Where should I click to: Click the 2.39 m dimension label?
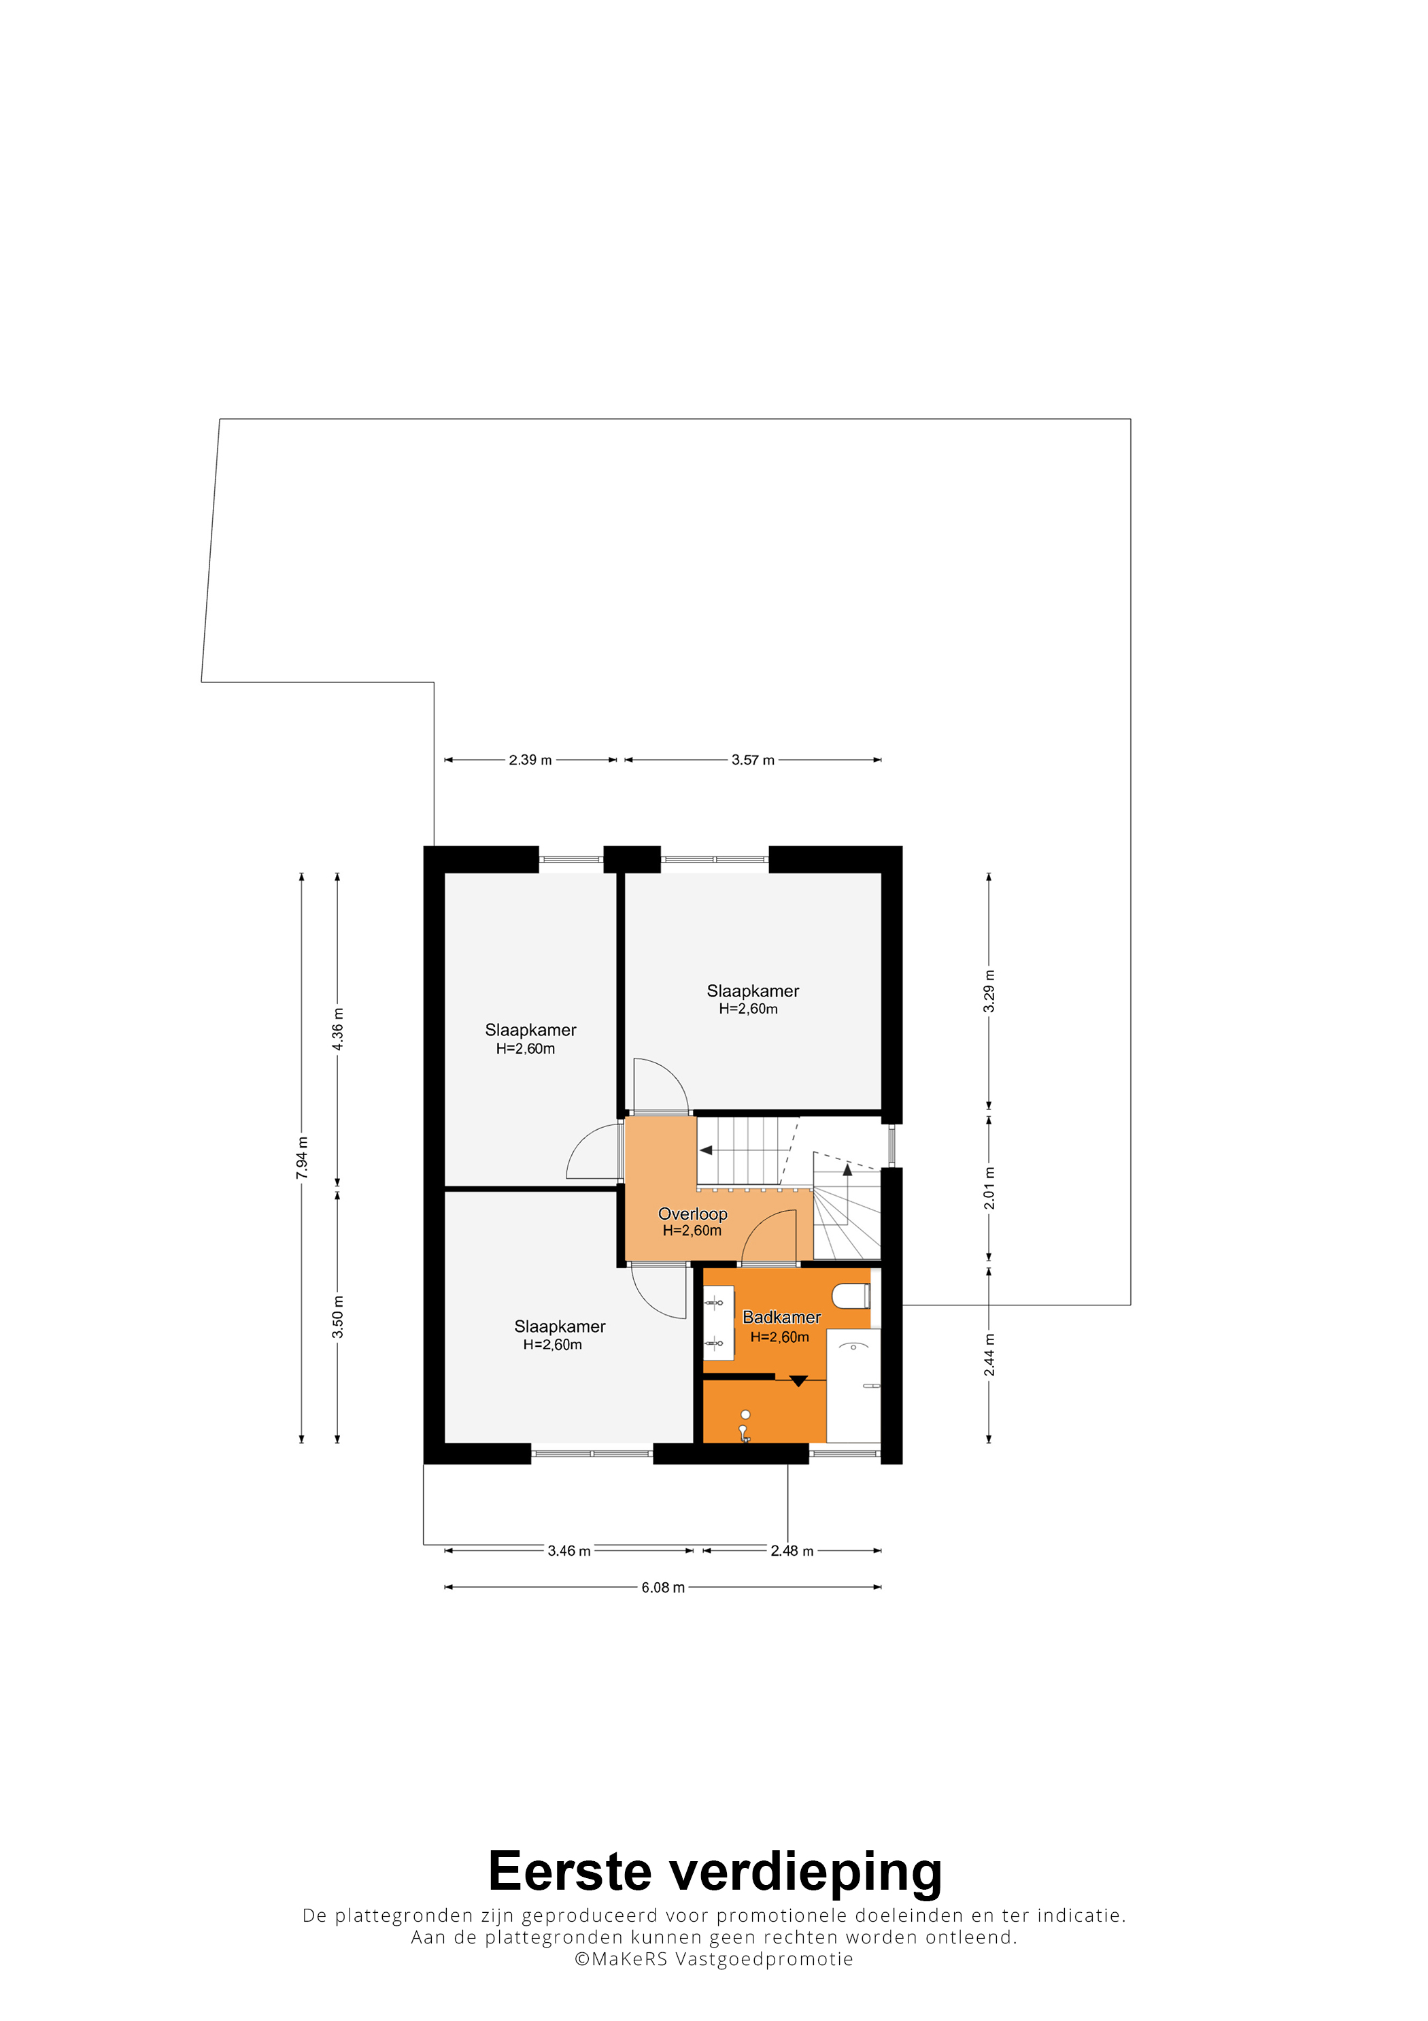[530, 760]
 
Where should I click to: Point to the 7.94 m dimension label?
[302, 1158]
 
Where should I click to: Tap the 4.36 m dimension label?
[338, 1029]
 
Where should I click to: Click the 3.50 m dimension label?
[338, 1317]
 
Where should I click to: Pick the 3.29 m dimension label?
[989, 991]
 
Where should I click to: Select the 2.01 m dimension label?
[989, 1188]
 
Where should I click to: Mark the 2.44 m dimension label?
[989, 1354]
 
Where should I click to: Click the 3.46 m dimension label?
[568, 1551]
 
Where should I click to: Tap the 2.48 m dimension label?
[792, 1551]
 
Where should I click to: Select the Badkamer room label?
[781, 1317]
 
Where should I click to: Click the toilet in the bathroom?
[851, 1296]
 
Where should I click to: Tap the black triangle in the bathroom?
[798, 1381]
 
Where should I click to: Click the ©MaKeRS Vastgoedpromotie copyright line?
[713, 1959]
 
